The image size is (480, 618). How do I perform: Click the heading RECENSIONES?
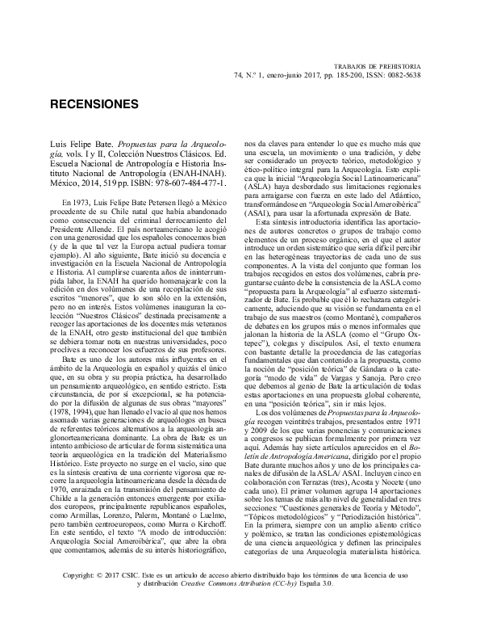coord(94,105)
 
